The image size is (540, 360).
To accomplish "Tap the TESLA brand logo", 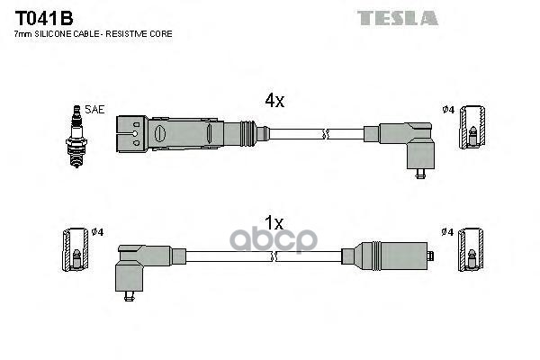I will [397, 17].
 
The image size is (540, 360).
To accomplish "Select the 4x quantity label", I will [274, 102].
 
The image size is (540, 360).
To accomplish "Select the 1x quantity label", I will [274, 222].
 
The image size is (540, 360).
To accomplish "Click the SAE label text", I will [94, 109].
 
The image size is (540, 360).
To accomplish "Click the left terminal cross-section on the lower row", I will [75, 253].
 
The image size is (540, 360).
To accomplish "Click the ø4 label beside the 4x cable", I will [447, 110].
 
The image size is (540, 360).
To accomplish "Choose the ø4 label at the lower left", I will [98, 232].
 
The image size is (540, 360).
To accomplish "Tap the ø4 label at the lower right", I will [447, 232].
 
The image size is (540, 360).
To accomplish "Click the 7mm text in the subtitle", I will [22, 33].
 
